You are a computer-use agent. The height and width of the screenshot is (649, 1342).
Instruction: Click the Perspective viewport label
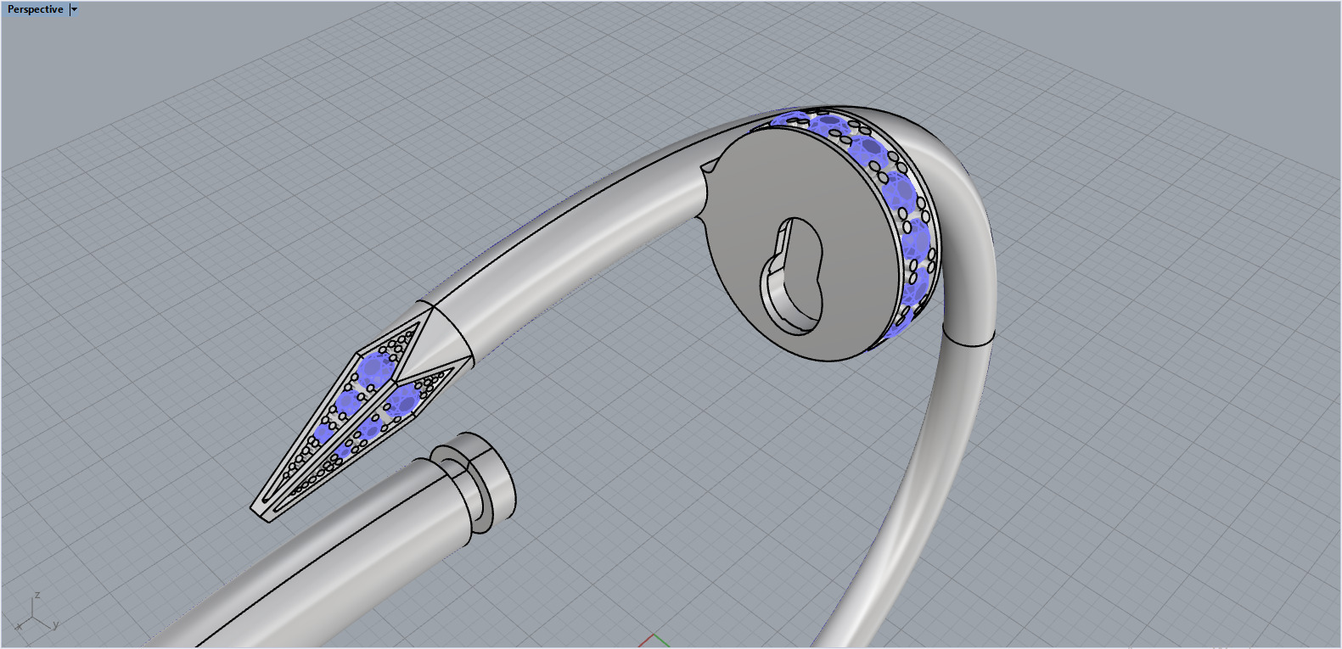click(x=35, y=9)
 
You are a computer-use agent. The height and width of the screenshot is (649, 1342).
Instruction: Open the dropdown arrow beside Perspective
click(x=74, y=9)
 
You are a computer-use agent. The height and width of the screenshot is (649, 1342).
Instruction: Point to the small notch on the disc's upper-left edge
click(x=707, y=169)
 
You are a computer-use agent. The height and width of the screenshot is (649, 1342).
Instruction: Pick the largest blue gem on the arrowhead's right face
click(x=408, y=400)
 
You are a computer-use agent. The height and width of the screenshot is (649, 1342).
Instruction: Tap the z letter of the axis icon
click(x=37, y=596)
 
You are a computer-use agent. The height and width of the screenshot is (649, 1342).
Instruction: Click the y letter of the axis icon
click(x=56, y=625)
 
